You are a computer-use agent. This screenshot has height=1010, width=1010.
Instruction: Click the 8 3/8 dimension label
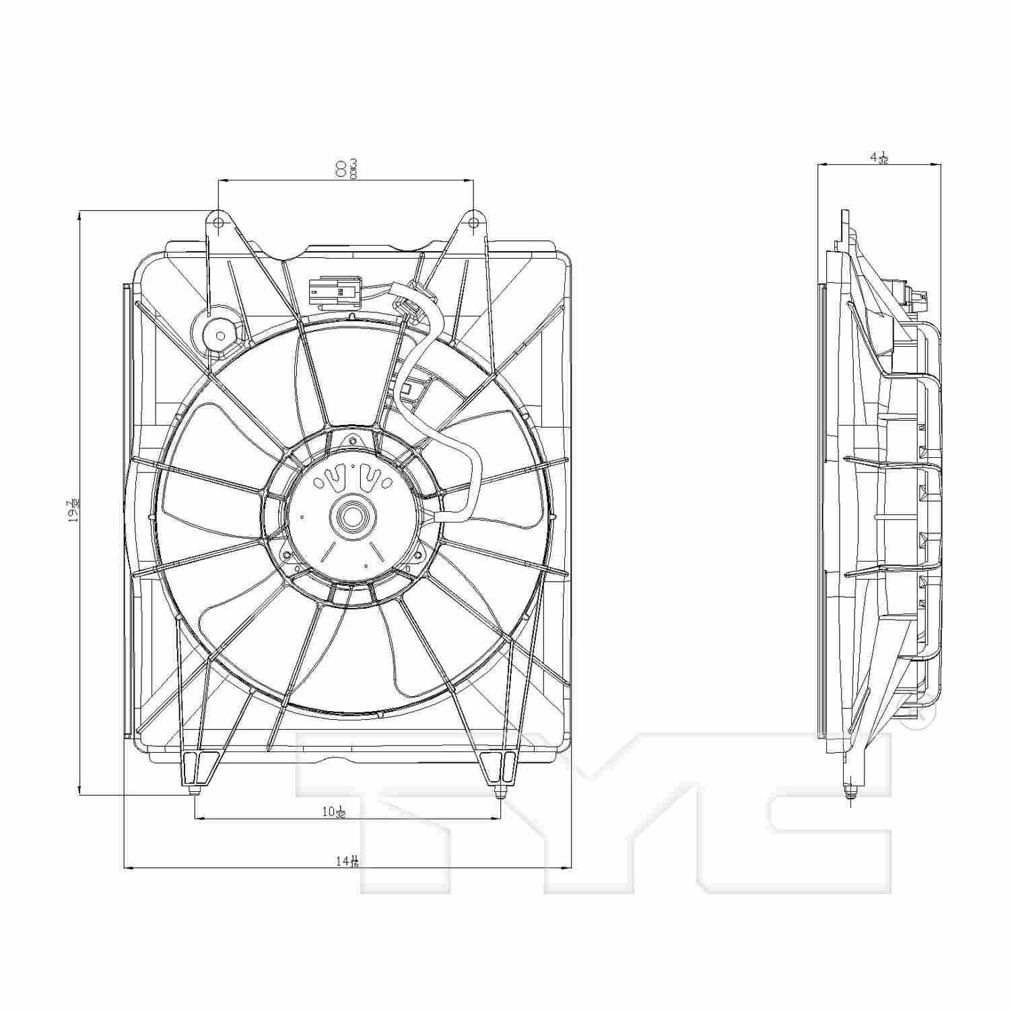tap(345, 168)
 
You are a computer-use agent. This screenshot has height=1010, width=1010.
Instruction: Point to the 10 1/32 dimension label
tap(334, 812)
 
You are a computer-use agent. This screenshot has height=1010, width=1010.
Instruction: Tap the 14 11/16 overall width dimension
tap(347, 861)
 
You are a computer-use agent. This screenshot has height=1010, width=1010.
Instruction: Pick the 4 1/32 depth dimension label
tap(879, 158)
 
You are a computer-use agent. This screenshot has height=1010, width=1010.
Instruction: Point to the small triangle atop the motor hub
tap(350, 441)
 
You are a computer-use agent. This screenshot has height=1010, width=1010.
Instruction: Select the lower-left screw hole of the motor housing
tap(288, 556)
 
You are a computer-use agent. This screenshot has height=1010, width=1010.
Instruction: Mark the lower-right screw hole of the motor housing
tap(417, 555)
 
